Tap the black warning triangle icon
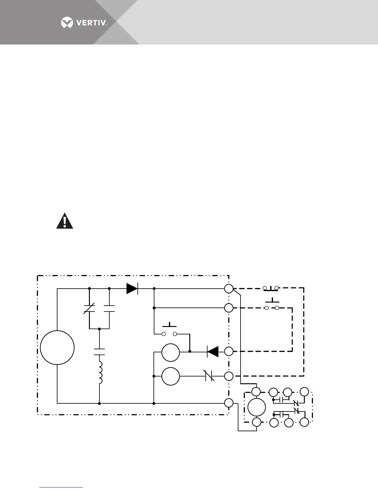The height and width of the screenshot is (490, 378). [65, 221]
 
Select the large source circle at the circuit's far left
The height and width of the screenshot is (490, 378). [57, 347]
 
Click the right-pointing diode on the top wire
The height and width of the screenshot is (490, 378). [132, 289]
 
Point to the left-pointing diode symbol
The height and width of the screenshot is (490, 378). [213, 351]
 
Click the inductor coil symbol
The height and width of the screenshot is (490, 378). [100, 369]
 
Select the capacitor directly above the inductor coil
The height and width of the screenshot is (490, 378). [99, 352]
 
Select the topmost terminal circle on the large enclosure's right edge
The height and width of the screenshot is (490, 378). [229, 289]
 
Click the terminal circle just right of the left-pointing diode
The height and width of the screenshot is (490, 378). [229, 351]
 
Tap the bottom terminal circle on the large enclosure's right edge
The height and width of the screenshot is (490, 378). [229, 403]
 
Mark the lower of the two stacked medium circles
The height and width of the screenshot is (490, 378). [170, 376]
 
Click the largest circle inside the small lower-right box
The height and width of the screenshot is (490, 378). [257, 407]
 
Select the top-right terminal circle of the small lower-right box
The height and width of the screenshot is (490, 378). [304, 392]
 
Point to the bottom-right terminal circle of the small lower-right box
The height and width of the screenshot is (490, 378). [304, 422]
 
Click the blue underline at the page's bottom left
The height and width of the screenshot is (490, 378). [61, 487]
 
